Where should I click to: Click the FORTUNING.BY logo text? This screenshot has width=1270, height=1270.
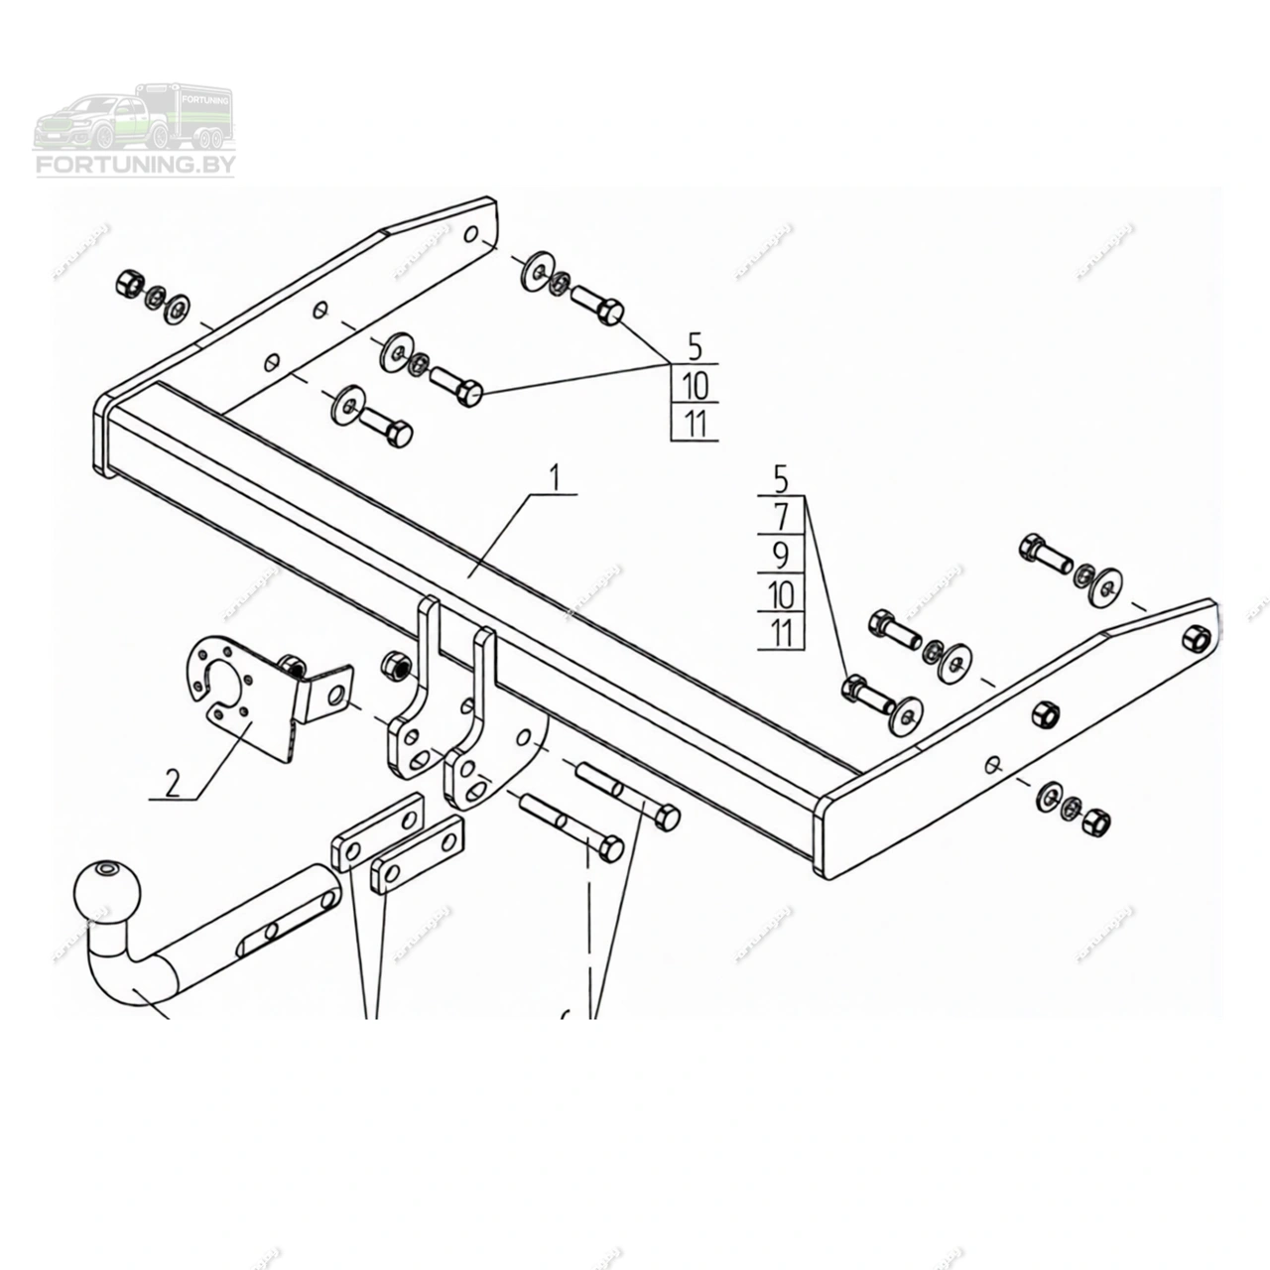(x=135, y=165)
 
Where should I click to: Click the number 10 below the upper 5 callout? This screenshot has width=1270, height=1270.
(x=695, y=385)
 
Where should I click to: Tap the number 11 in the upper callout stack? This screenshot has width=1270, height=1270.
(x=695, y=424)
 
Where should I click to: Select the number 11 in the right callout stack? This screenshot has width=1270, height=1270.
(x=782, y=633)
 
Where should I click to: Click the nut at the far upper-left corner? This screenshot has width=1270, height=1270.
(x=129, y=283)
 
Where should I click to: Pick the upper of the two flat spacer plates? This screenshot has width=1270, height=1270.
(x=376, y=832)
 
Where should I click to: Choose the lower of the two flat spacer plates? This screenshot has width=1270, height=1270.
(x=417, y=857)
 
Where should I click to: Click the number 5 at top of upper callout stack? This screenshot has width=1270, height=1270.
(x=695, y=347)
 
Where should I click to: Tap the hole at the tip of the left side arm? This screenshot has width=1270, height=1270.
(x=472, y=235)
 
